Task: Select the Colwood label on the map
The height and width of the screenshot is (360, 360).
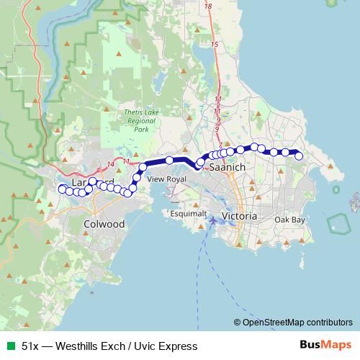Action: [x=104, y=224]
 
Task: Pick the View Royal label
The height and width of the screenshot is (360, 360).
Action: [x=166, y=178]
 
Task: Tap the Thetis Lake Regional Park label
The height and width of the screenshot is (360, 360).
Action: [x=135, y=121]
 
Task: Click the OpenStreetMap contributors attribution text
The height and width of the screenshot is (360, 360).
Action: [x=297, y=322]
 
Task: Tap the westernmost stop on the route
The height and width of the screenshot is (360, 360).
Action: [x=61, y=189]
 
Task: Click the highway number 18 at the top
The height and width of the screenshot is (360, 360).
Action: [x=208, y=6]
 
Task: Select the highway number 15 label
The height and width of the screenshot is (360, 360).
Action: [x=215, y=45]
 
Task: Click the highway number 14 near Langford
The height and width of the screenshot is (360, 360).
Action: [x=110, y=166]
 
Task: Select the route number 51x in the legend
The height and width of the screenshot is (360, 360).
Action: [x=31, y=346]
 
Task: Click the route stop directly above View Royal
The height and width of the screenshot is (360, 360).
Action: [x=169, y=161]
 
